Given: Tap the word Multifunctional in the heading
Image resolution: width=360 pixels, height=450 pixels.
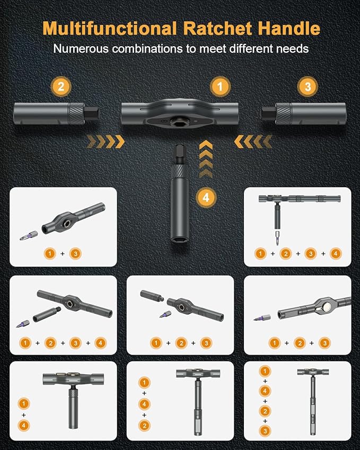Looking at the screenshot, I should click(98, 28).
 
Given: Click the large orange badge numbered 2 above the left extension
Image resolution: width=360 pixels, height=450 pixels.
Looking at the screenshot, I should click(61, 86).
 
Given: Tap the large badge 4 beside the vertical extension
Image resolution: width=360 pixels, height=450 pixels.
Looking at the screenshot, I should click(207, 197).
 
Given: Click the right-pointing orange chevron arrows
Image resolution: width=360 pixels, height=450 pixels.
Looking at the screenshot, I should click(106, 142).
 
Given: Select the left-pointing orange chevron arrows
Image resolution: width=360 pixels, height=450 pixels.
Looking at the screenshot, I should click(253, 142).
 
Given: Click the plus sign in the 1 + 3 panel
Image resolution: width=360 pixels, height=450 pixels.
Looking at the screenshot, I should click(62, 254).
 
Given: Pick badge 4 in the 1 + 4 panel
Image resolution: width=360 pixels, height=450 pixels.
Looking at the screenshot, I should click(23, 425).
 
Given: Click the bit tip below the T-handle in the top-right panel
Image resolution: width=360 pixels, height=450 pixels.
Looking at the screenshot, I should click(276, 237).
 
